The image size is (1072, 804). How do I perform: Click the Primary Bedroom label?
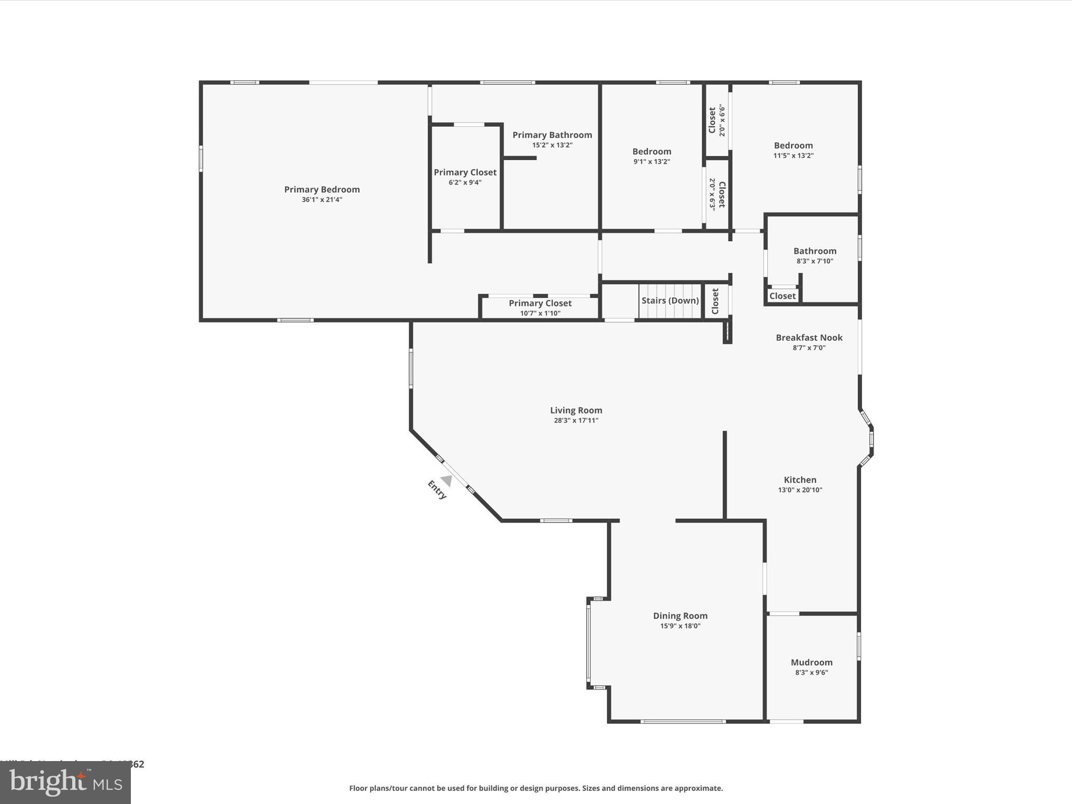pyautogui.click(x=322, y=189)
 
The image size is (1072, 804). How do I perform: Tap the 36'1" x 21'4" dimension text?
pyautogui.click(x=322, y=199)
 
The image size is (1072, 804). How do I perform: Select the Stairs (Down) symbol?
pyautogui.click(x=669, y=301)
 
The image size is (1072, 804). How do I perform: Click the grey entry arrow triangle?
pyautogui.click(x=446, y=480)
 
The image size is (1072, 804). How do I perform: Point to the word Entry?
pyautogui.click(x=437, y=490)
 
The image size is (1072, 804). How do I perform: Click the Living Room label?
pyautogui.click(x=576, y=410)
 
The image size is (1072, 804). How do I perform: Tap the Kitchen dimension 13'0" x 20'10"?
pyautogui.click(x=800, y=490)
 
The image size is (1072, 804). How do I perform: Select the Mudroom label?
pyautogui.click(x=811, y=662)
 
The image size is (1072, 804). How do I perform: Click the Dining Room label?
pyautogui.click(x=680, y=616)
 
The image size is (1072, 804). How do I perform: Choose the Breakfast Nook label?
pyautogui.click(x=809, y=338)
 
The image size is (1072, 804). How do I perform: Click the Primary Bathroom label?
pyautogui.click(x=552, y=135)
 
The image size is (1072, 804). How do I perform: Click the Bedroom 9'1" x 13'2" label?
pyautogui.click(x=652, y=152)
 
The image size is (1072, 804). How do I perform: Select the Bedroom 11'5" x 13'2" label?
pyautogui.click(x=793, y=146)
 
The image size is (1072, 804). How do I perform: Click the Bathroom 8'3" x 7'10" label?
pyautogui.click(x=814, y=251)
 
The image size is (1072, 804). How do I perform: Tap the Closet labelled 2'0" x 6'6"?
pyautogui.click(x=717, y=120)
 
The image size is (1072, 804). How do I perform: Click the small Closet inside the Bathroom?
pyautogui.click(x=783, y=296)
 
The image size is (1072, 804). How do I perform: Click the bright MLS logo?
pyautogui.click(x=65, y=783)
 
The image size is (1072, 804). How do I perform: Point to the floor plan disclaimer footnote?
pyautogui.click(x=536, y=788)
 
